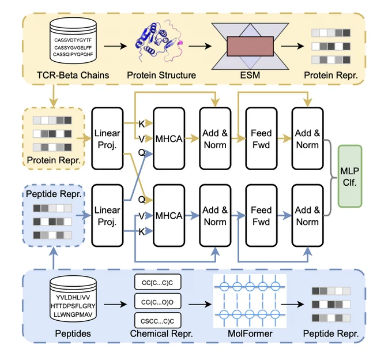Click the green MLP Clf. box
coord(350,176)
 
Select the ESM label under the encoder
coord(250,75)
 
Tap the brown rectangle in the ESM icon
coord(250,46)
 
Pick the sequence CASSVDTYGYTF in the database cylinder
coord(73,40)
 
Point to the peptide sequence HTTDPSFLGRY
coord(73,306)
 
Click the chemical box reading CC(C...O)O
coord(157,302)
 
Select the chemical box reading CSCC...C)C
coord(157,321)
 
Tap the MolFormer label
coord(250,333)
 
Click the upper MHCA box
coord(169,138)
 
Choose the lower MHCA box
coord(169,216)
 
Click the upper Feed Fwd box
coord(261,138)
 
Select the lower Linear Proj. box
coord(107,216)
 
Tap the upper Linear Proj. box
coord(107,138)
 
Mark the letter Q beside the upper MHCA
coord(141,152)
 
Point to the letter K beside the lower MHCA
coord(141,232)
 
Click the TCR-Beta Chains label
coord(73,75)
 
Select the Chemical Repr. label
coord(161,333)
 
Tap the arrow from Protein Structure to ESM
coord(200,46)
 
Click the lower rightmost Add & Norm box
coord(307,216)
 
